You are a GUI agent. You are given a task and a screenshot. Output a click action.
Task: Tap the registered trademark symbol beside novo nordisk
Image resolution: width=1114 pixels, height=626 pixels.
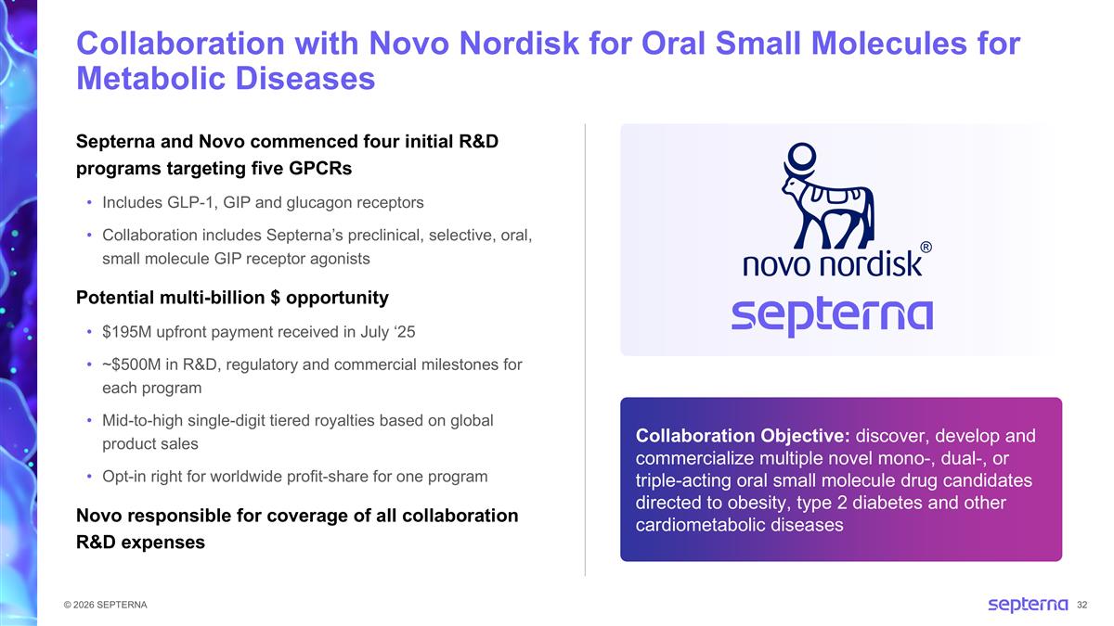coord(926,248)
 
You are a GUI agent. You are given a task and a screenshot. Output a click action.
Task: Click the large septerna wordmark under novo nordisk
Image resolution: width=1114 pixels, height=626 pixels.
coord(832,317)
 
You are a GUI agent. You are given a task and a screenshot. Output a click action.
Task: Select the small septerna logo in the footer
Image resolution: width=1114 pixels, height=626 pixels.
coord(1027,605)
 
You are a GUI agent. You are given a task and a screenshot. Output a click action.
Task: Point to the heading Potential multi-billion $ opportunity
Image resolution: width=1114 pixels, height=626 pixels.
coord(231,298)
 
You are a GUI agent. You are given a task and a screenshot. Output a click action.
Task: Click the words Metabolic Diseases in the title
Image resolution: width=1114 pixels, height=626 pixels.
coord(226,79)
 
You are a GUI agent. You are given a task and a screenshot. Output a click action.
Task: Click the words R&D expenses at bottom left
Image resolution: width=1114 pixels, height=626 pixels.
coord(140,542)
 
